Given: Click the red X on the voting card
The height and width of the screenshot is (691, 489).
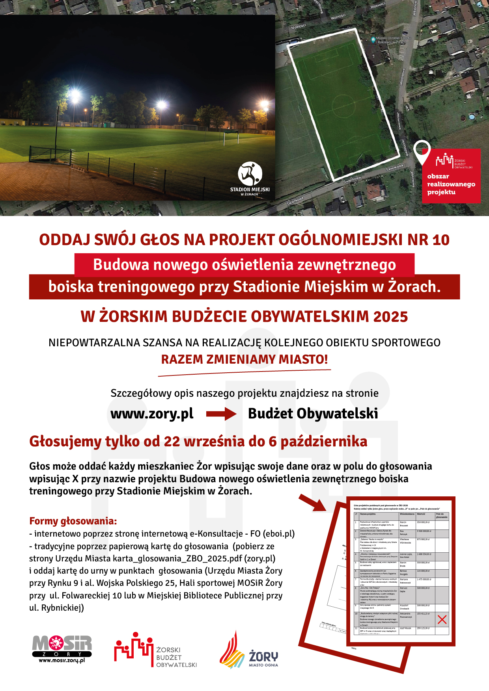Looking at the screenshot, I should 442,619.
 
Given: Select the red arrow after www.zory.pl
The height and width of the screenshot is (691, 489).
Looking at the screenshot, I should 221,414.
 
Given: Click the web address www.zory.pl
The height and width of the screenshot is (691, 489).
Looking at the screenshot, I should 152,414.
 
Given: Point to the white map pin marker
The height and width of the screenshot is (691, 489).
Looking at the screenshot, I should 422,152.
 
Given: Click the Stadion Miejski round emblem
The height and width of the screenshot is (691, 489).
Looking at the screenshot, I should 250,174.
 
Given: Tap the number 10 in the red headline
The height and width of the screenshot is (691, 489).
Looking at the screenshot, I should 440,240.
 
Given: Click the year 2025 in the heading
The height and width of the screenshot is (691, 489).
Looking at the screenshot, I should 390,317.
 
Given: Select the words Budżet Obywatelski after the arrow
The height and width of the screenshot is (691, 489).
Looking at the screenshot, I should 313,414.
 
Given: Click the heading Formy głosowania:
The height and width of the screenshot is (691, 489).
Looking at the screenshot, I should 73,521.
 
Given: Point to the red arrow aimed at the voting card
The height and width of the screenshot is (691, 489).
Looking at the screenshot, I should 312,503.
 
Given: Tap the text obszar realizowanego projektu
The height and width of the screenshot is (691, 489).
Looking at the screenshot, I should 451,184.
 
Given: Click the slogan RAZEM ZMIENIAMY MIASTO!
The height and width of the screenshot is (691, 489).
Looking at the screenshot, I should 244,359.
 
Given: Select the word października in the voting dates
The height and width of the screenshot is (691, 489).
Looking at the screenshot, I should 324,442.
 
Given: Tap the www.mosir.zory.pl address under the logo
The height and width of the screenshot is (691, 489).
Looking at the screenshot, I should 62,660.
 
